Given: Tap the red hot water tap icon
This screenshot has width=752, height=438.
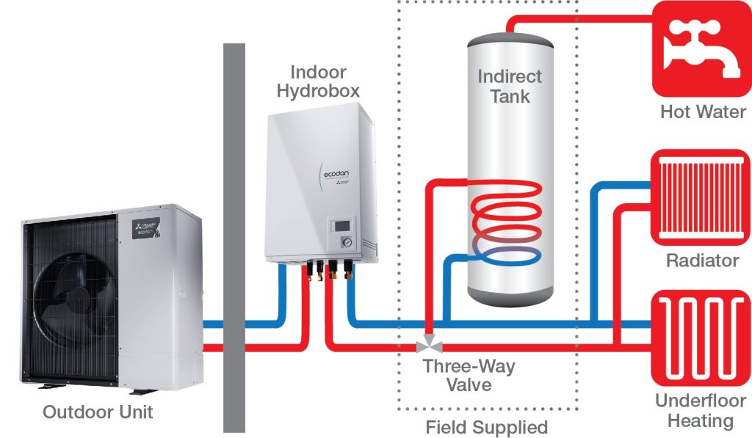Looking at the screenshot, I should pos(701,48).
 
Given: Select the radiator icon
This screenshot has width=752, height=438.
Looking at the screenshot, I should pos(701,197).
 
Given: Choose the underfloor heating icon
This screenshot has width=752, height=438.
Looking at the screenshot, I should pos(701,339).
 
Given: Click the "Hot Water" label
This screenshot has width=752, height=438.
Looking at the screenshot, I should pos(703,112).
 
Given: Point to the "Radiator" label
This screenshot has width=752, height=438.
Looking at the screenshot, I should pos(702,261).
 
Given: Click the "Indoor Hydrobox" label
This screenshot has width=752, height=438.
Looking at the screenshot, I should pos(318,82).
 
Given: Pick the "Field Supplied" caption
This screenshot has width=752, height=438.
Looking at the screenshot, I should pos(487,426).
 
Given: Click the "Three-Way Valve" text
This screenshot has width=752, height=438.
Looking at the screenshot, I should pos(469,375).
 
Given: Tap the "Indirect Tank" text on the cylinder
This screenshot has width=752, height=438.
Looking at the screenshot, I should pos(510,86).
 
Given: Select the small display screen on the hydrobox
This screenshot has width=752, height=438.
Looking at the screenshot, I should pos(341,225).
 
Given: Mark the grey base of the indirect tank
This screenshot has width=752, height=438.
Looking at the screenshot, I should pos(510,295).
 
